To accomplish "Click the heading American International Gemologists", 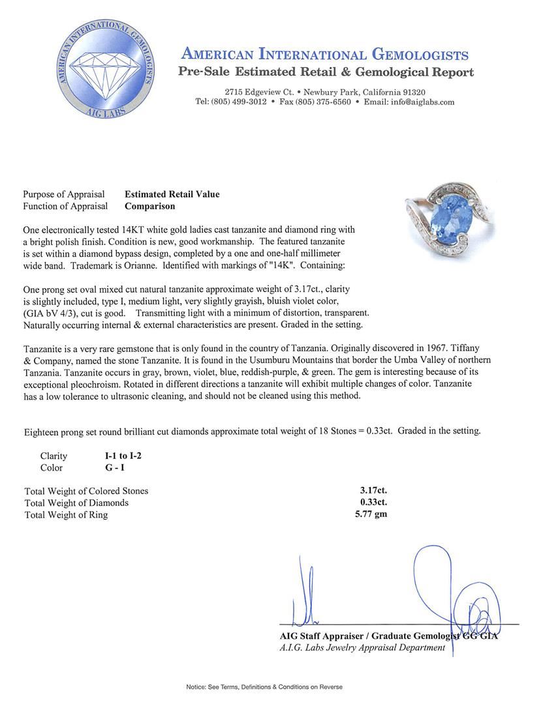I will pyautogui.click(x=324, y=55).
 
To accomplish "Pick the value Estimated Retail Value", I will pyautogui.click(x=172, y=194).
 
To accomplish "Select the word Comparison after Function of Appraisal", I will pyautogui.click(x=150, y=206).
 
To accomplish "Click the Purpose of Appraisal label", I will pyautogui.click(x=64, y=194).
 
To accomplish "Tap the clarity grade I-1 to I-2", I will pyautogui.click(x=118, y=456).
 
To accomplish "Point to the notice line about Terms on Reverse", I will pyautogui.click(x=264, y=687).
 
